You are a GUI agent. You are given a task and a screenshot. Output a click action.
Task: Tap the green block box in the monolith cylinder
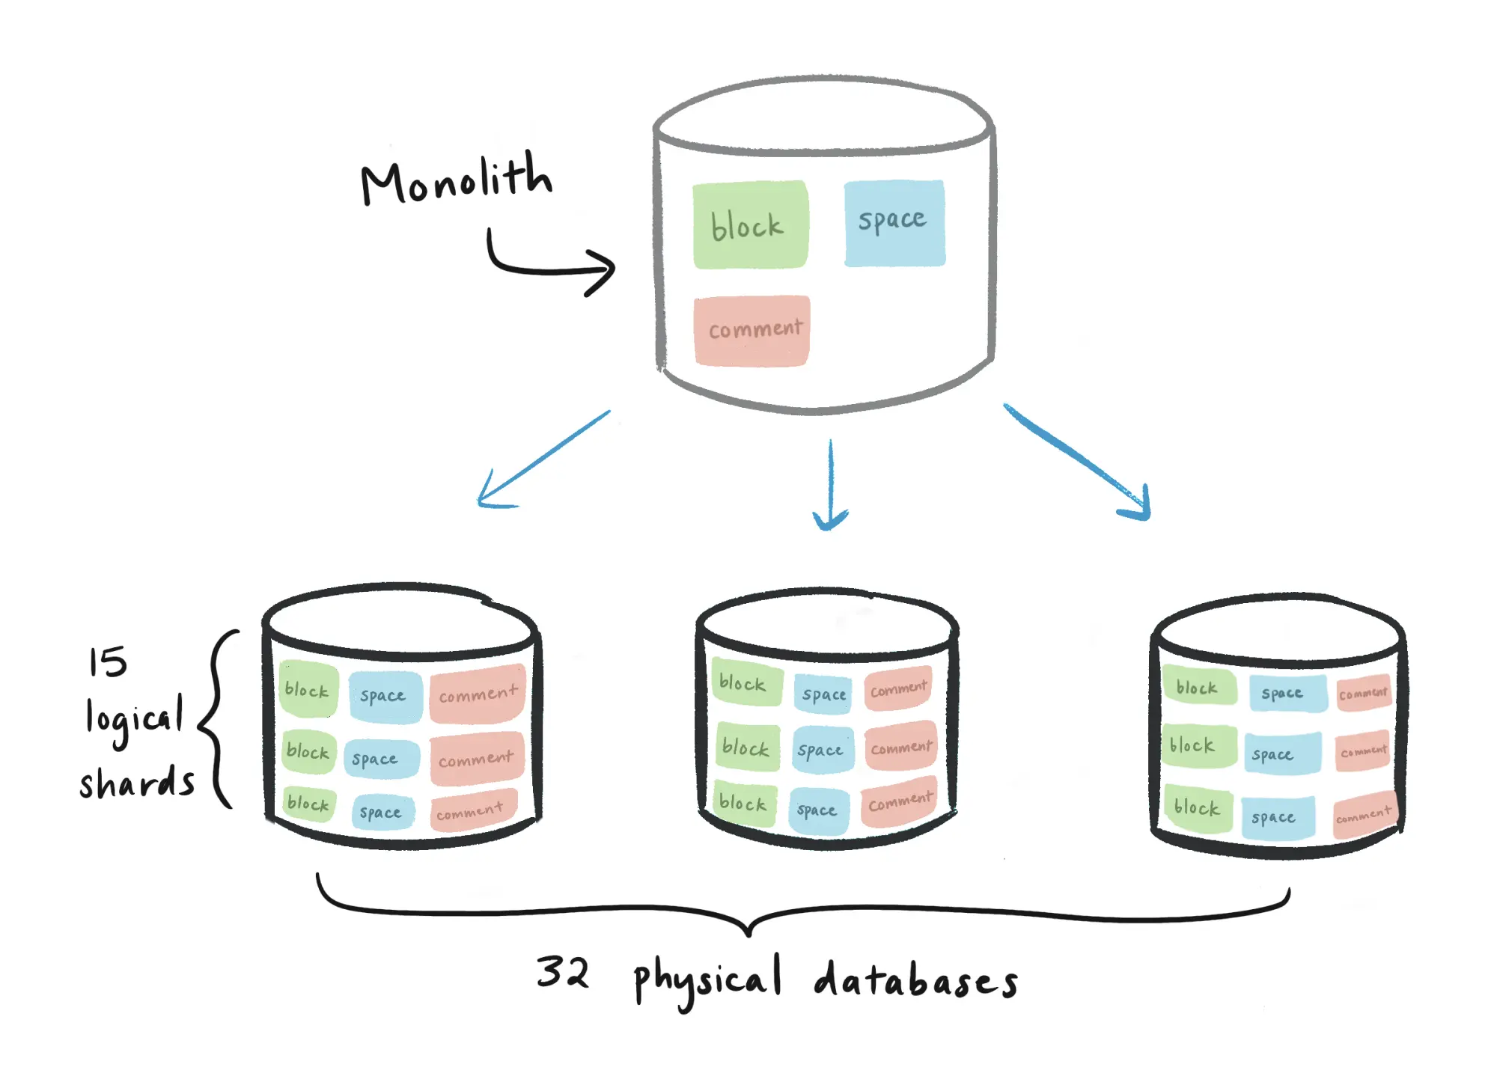tap(750, 224)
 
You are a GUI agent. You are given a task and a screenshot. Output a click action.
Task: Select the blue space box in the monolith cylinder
tap(894, 222)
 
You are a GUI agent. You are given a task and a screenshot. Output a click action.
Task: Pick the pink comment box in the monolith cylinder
tap(751, 330)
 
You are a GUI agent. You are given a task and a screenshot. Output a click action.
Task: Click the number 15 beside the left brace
tap(108, 662)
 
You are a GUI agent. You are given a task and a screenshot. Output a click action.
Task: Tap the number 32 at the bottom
tap(563, 972)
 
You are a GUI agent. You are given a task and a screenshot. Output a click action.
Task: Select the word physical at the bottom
tap(707, 980)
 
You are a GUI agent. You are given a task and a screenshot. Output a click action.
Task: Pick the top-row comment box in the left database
tap(477, 694)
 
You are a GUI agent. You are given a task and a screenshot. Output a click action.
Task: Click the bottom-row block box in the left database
tap(308, 804)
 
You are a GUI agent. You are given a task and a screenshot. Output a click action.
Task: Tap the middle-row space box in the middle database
tap(821, 750)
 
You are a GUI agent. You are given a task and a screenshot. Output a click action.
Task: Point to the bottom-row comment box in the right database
tap(1364, 814)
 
